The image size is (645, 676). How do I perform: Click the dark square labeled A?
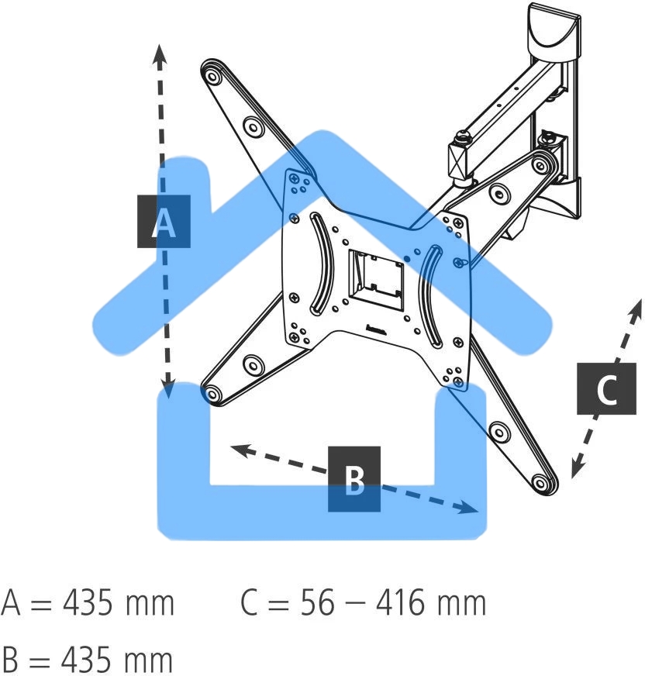(x=164, y=221)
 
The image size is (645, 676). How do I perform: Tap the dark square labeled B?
(x=354, y=479)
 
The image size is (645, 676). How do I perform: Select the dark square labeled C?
(x=606, y=388)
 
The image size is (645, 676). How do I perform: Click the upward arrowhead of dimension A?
(x=160, y=55)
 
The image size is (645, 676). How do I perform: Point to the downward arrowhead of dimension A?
(x=168, y=388)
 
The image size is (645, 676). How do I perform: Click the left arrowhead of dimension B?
(x=241, y=451)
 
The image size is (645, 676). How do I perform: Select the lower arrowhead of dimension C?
(x=577, y=467)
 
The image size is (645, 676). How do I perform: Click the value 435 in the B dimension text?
(x=88, y=660)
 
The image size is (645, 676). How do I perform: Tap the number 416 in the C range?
(x=401, y=602)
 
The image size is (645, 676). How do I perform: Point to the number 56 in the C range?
(x=317, y=602)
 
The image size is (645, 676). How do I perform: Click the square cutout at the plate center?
(x=377, y=280)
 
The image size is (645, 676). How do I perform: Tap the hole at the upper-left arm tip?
(x=212, y=78)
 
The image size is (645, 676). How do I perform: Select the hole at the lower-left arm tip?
(x=212, y=394)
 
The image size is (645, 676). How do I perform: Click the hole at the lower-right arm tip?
(x=540, y=482)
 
